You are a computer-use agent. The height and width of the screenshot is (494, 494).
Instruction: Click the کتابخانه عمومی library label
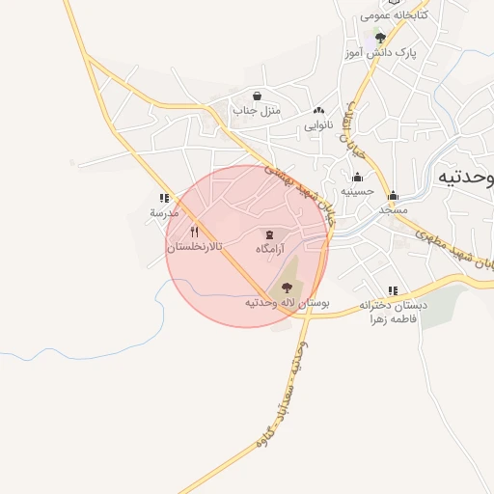pyautogui.click(x=394, y=15)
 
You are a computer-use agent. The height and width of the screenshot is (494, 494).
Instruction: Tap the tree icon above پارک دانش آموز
pyautogui.click(x=380, y=38)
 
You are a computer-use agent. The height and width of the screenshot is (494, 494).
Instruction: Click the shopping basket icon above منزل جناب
pyautogui.click(x=257, y=96)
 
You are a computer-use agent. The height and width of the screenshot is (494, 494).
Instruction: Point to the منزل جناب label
pyautogui.click(x=256, y=112)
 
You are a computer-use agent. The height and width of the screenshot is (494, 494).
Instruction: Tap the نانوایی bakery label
pyautogui.click(x=318, y=125)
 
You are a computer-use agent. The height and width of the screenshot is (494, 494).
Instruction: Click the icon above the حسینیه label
pyautogui.click(x=358, y=177)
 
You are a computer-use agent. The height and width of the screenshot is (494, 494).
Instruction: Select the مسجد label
pyautogui.click(x=393, y=209)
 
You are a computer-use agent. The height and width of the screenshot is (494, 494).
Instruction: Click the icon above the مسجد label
pyautogui.click(x=393, y=195)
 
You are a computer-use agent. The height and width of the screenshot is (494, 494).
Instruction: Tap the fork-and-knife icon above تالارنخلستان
pyautogui.click(x=195, y=232)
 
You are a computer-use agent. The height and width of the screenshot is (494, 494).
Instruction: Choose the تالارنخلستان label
pyautogui.click(x=195, y=247)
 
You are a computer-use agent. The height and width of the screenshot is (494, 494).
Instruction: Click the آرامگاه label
pyautogui.click(x=274, y=249)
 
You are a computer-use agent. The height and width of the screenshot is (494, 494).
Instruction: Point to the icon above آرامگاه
pyautogui.click(x=268, y=234)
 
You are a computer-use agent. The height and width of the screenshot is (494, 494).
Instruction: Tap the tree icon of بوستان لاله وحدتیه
pyautogui.click(x=286, y=287)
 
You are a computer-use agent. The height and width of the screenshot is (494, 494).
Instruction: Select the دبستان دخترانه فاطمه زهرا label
pyautogui.click(x=392, y=313)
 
